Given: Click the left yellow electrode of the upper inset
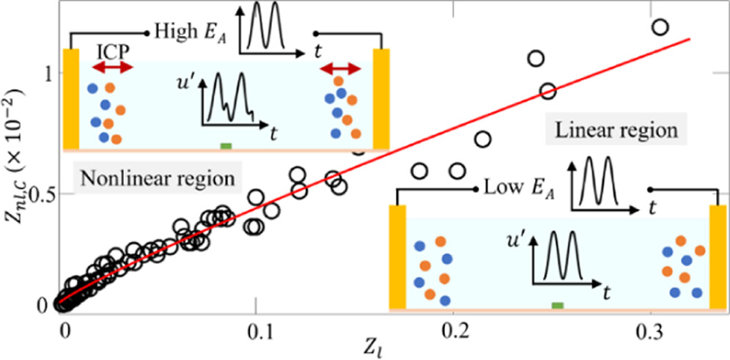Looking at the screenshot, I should point(71,98).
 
